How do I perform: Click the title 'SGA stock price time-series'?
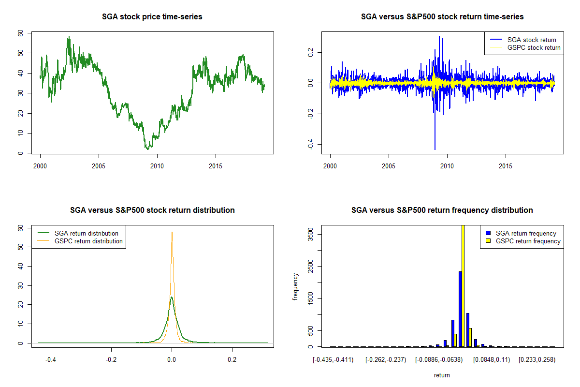point(152,17)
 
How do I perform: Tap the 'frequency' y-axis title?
point(296,286)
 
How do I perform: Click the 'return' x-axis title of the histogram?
point(442,375)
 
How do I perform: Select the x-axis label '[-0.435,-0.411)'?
point(333,360)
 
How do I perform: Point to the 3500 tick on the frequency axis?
point(311,234)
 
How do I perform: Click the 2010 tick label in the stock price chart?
point(157,166)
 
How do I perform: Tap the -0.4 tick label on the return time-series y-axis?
point(311,144)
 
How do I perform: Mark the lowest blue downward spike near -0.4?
point(435,149)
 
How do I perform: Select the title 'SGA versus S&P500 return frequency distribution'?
point(442,210)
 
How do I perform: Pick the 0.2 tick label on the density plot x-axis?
point(232,360)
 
